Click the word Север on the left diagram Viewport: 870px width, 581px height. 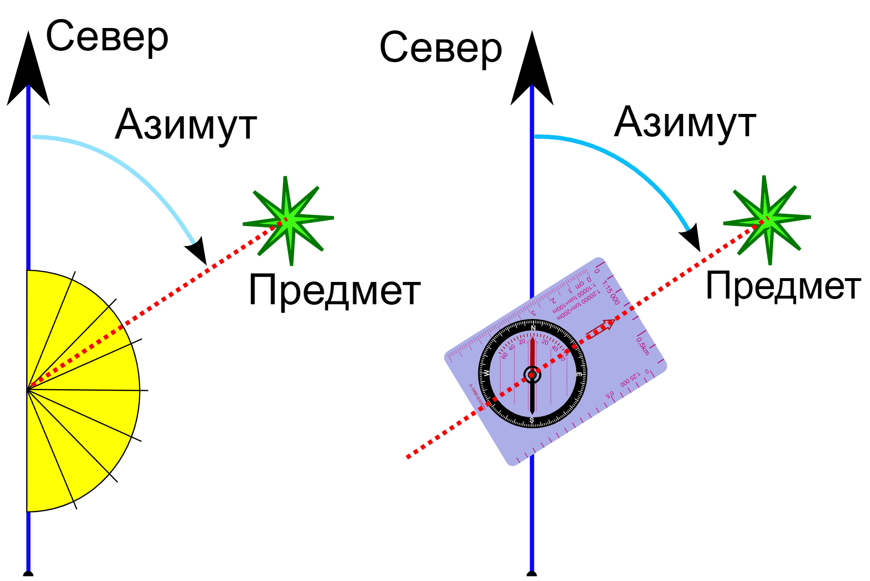tap(107, 37)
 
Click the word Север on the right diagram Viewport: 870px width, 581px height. tap(440, 47)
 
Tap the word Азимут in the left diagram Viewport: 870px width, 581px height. tap(186, 124)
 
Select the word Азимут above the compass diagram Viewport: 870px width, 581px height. tap(684, 122)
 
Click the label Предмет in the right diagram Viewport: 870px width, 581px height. tap(783, 286)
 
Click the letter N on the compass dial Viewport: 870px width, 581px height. tap(533, 328)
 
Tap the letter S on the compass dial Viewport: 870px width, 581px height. tap(532, 420)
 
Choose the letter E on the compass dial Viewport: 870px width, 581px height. tap(579, 375)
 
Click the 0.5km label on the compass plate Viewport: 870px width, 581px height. tap(643, 346)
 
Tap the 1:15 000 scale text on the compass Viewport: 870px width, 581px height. tap(611, 292)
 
